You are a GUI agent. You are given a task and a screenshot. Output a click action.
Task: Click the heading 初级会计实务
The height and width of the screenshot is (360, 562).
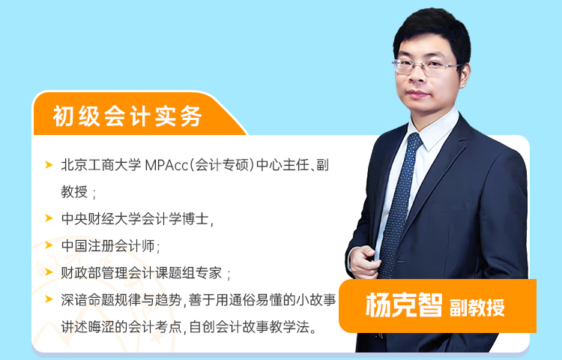[127, 115]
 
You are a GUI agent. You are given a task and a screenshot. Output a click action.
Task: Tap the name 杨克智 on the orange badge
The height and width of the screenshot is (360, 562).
[404, 305]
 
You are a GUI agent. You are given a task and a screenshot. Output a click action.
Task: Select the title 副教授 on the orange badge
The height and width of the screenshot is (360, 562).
[477, 307]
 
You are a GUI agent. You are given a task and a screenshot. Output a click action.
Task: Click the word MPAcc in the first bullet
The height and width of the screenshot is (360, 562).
[166, 165]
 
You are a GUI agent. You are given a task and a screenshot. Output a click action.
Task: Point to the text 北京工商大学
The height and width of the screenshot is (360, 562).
[101, 165]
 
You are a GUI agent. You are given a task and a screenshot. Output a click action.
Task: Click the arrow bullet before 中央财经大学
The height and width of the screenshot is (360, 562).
[49, 218]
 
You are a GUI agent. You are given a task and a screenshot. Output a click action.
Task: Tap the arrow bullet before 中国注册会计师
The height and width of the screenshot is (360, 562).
[49, 245]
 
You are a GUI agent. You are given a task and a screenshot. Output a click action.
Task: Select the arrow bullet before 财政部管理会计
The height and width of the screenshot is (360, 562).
[49, 272]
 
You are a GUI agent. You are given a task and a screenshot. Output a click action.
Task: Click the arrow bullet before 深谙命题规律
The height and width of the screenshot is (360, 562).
[49, 299]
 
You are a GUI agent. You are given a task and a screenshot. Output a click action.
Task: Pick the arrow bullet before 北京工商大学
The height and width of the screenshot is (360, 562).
[49, 165]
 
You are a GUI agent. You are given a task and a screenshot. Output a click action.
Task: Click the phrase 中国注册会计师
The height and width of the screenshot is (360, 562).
[108, 246]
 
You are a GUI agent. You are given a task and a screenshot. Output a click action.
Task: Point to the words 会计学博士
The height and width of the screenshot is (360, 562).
[175, 219]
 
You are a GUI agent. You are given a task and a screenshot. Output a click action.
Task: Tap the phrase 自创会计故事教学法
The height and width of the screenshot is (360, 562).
[249, 327]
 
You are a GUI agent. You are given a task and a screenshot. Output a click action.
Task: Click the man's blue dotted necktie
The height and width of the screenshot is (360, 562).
[399, 205]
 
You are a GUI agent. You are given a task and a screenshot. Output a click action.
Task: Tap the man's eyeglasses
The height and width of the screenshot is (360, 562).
[426, 67]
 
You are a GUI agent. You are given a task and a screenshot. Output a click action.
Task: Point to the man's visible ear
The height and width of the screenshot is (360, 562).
[465, 75]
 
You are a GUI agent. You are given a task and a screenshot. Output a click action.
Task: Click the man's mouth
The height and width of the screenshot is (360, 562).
[418, 94]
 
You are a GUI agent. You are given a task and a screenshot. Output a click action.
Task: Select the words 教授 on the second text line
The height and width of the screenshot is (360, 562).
[74, 192]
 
